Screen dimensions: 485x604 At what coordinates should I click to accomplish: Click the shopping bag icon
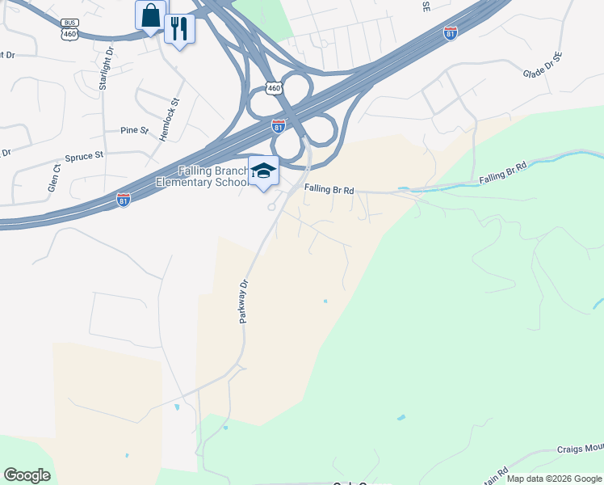point(151,15)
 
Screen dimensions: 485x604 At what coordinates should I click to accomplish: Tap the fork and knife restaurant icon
point(179,29)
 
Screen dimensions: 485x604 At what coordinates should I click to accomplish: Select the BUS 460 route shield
point(69,30)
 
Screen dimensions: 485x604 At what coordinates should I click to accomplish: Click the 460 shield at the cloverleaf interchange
point(275,88)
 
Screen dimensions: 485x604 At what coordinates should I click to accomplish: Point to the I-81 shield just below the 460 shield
point(278,127)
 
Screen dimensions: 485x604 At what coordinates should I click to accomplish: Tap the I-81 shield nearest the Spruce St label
point(123,200)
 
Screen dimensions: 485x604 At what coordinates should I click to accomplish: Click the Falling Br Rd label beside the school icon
point(329,190)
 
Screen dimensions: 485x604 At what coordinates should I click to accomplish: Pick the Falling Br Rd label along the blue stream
point(502,171)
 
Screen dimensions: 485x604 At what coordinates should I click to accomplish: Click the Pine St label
point(134,130)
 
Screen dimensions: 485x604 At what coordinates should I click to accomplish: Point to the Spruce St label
point(84,154)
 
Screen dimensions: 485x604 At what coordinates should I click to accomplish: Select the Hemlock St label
point(168,120)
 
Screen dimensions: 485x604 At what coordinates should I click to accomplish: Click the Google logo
point(27,475)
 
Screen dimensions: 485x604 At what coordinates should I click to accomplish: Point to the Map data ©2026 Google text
point(555,479)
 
